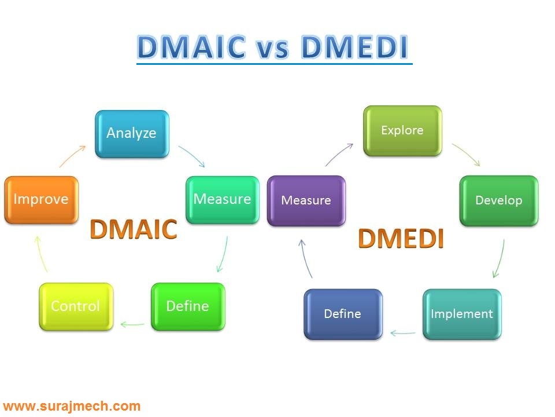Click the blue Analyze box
[132, 133]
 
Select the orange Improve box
[41, 200]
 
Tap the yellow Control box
[76, 306]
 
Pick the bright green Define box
[188, 306]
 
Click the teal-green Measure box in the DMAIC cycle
[223, 200]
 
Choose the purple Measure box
[306, 200]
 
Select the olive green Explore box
[402, 130]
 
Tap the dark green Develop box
[499, 200]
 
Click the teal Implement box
[462, 314]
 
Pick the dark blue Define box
[343, 314]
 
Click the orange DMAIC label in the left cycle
[134, 230]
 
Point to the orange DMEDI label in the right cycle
[401, 239]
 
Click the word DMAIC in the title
[191, 47]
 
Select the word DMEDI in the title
[355, 47]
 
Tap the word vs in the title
[272, 50]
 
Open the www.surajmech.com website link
[72, 406]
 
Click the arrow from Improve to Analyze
[73, 156]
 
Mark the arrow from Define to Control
[132, 324]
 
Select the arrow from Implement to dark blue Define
[403, 333]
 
